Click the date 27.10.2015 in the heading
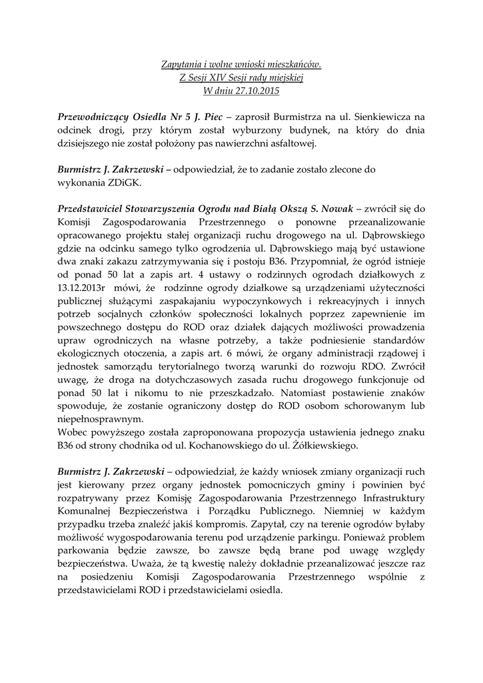[x=254, y=90]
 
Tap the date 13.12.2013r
[x=82, y=287]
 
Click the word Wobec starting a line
[x=73, y=432]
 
